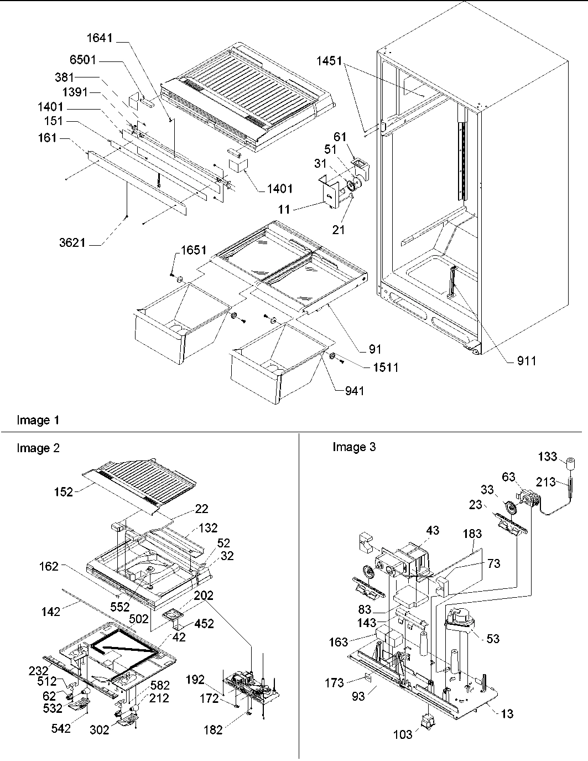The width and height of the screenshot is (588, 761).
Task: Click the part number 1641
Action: [x=100, y=38]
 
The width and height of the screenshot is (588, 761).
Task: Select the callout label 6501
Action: [x=83, y=60]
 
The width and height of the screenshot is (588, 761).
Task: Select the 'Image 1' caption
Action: [x=38, y=421]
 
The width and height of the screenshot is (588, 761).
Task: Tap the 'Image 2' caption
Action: [x=38, y=448]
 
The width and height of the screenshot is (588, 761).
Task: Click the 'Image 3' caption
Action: [x=353, y=447]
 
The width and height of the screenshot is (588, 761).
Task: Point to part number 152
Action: [x=64, y=491]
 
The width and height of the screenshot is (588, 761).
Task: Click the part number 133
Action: [x=548, y=456]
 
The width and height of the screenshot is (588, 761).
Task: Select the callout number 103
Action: [x=402, y=734]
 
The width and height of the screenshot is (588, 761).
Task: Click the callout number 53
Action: [x=492, y=639]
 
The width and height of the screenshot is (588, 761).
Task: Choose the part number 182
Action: [x=212, y=730]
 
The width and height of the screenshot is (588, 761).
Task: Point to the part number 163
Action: [x=339, y=642]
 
